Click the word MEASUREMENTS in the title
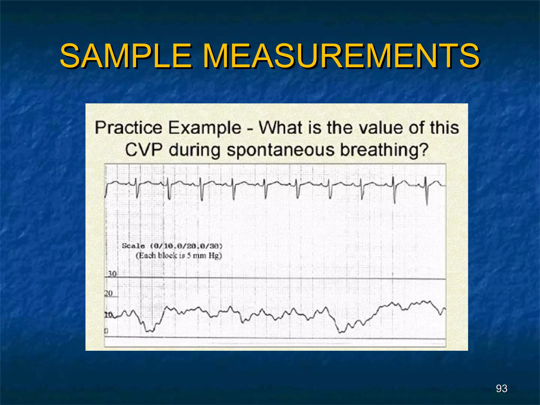[341, 56]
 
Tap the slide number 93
[502, 388]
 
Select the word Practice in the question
[128, 128]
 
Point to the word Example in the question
[205, 128]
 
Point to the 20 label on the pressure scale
[108, 293]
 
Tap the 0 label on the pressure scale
[106, 331]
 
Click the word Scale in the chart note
[133, 246]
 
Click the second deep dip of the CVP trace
[341, 332]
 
